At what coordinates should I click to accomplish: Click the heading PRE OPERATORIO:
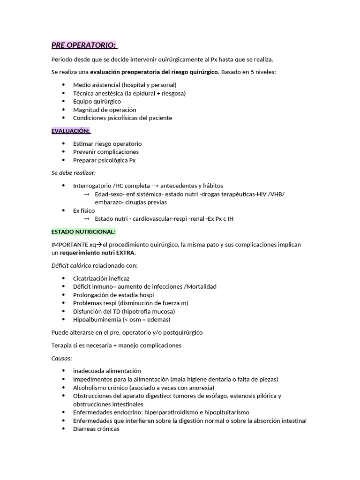83,45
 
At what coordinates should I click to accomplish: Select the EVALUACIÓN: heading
71,131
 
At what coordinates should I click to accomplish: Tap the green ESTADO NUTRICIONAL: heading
83,232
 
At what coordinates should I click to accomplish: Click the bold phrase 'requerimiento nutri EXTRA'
97,253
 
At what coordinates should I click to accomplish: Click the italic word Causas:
61,358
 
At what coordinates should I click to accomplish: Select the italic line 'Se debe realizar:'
73,173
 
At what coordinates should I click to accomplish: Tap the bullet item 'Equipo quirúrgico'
97,101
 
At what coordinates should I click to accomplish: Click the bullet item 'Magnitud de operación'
105,110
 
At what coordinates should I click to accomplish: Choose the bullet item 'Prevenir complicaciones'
106,152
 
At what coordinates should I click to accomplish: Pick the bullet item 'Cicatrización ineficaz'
101,278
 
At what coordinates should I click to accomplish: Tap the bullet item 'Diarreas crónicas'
96,429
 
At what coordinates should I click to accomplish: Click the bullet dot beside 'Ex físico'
63,211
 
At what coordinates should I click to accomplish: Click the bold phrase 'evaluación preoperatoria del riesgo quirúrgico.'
154,72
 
